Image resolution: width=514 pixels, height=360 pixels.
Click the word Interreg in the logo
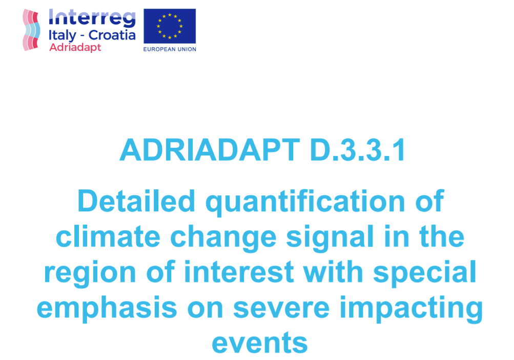coord(92,18)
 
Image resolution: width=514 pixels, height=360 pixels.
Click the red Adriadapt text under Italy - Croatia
coord(75,47)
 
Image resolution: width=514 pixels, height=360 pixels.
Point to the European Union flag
coord(170,26)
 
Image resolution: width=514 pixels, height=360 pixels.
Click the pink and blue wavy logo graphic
coord(31,30)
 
